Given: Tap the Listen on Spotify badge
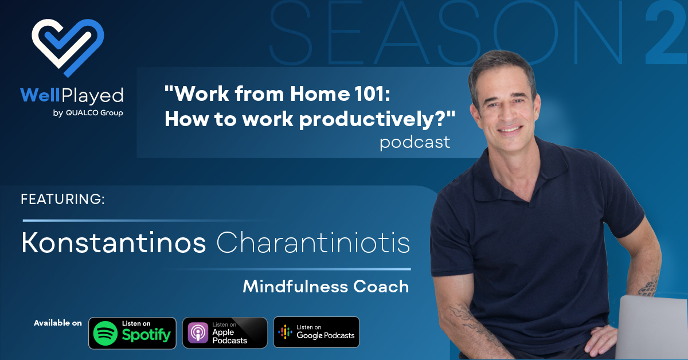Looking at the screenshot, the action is click(132, 333).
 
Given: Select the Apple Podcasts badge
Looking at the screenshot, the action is click(225, 333).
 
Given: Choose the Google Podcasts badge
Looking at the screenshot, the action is click(316, 332).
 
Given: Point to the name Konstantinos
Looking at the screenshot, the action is click(114, 242).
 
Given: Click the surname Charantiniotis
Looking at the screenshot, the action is click(313, 242).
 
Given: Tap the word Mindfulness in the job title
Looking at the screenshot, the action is click(295, 286).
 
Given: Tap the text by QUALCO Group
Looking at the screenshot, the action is click(88, 113).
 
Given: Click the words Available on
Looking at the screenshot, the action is click(58, 323).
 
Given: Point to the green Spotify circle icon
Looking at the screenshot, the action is click(105, 333).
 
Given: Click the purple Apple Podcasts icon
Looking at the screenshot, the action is click(198, 332).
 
